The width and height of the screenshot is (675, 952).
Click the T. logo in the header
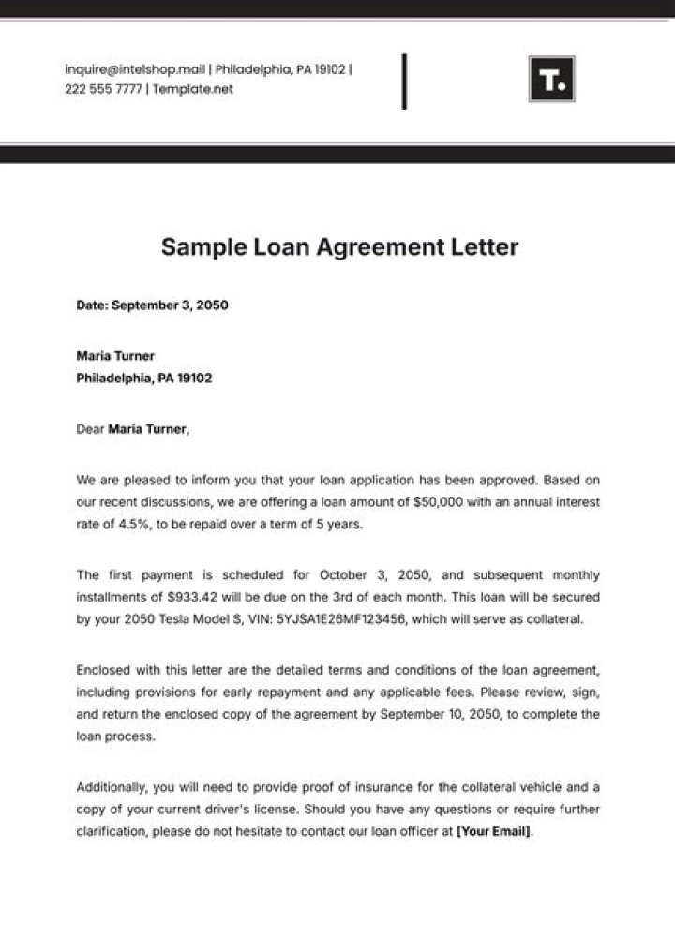551,80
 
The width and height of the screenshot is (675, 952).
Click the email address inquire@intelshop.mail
135,69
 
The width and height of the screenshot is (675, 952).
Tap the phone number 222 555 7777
102,89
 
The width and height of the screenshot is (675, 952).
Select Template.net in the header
193,89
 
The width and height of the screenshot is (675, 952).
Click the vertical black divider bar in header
404,82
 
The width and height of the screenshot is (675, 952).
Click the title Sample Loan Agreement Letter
339,247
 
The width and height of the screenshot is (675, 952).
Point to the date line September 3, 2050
152,305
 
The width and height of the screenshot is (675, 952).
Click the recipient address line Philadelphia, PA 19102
144,379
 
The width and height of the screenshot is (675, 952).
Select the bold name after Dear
148,430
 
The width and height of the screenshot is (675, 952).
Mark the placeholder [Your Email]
493,830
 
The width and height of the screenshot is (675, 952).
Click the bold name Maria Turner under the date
115,356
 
